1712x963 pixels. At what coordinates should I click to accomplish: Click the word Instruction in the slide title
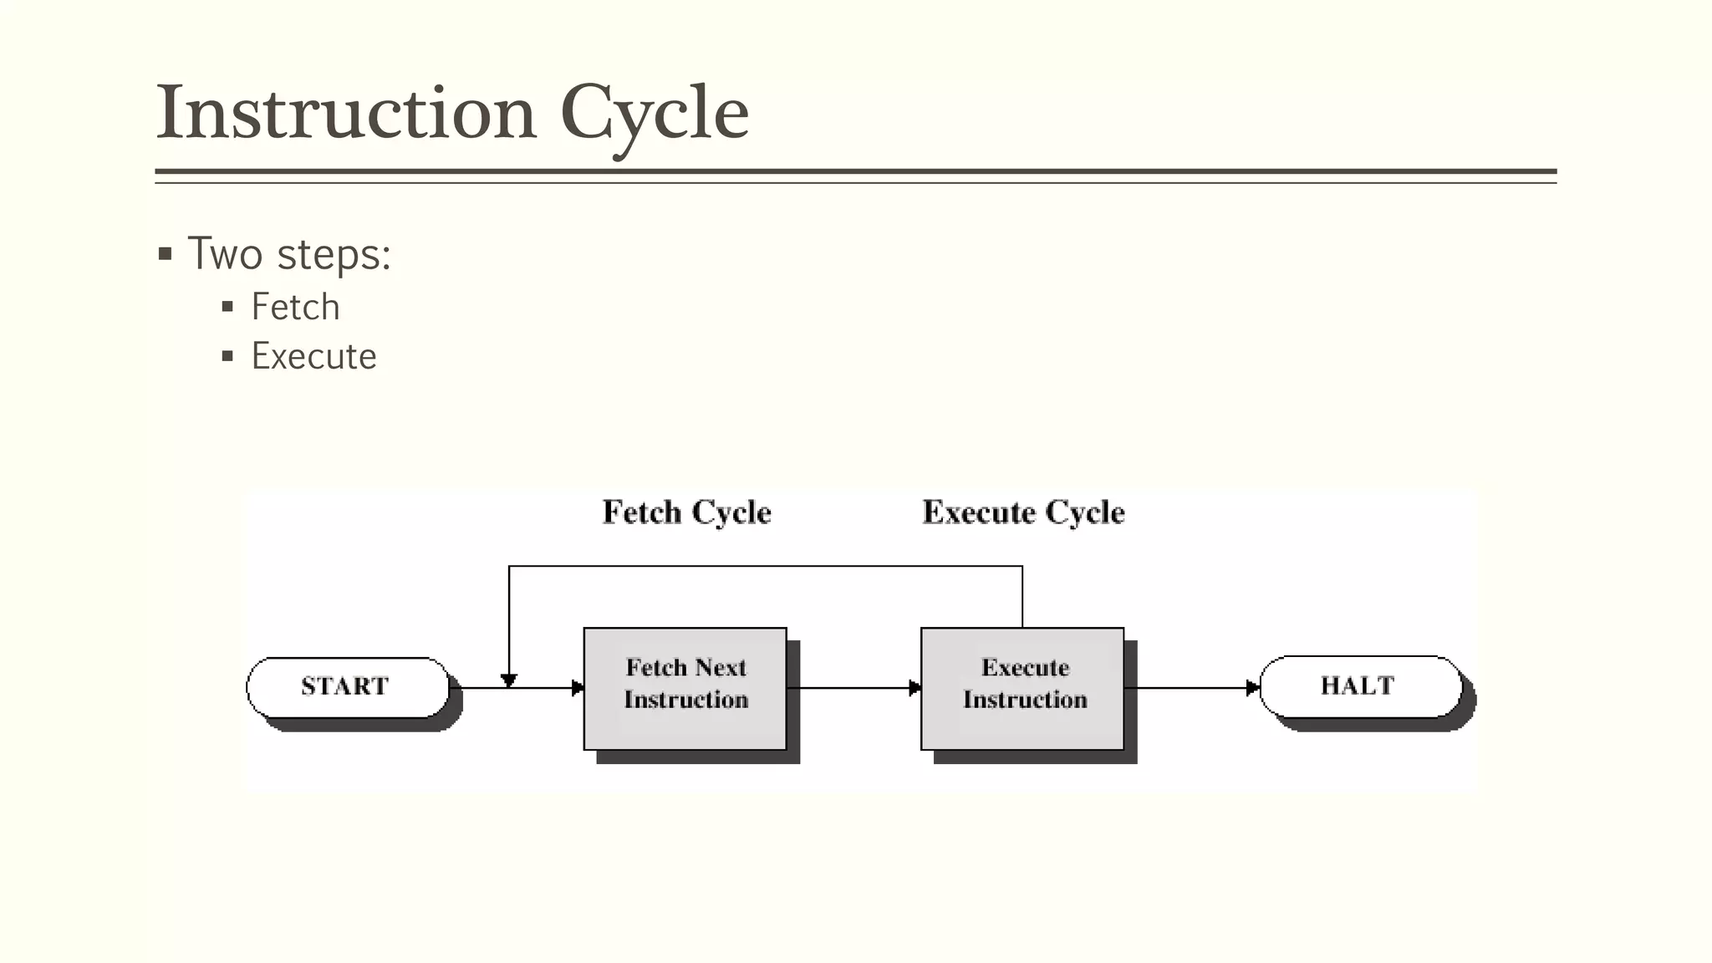[x=346, y=113]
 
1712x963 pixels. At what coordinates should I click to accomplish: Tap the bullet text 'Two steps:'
[x=289, y=254]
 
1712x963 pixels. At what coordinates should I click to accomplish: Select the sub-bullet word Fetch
[x=295, y=308]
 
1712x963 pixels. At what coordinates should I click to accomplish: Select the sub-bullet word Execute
[x=313, y=357]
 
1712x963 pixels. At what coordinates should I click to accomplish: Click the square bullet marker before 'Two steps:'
[x=166, y=254]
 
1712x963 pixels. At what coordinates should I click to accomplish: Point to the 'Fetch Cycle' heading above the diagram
[x=686, y=512]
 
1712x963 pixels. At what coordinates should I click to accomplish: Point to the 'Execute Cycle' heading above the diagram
[x=1023, y=512]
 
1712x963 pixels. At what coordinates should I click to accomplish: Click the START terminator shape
[x=347, y=687]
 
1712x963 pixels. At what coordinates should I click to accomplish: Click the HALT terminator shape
[x=1359, y=686]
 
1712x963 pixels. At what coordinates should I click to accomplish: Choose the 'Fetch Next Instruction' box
[x=685, y=689]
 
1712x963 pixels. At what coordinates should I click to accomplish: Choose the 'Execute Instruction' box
[x=1022, y=689]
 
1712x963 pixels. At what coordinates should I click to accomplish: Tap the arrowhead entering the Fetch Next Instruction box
[x=578, y=688]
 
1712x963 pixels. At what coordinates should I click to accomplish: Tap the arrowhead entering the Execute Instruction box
[x=915, y=688]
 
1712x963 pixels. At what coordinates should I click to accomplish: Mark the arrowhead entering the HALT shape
[x=1252, y=688]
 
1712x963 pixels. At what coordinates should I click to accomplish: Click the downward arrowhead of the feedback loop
[x=509, y=680]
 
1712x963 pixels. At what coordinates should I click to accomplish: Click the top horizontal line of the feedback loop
[x=765, y=567]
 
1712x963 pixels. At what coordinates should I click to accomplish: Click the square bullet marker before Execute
[x=227, y=357]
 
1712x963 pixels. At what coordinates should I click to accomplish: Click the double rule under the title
[x=855, y=176]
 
